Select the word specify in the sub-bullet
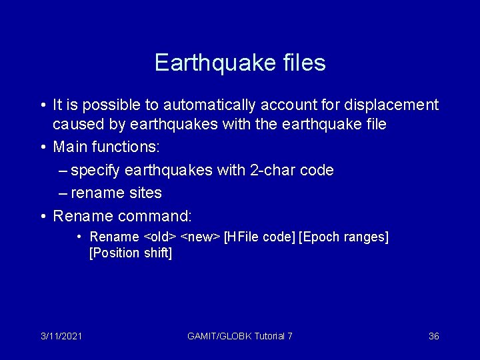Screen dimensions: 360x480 [x=95, y=170]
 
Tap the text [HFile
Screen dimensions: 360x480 [x=243, y=237]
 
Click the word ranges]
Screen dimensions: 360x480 [x=367, y=237]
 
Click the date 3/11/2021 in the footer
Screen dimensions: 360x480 [x=61, y=336]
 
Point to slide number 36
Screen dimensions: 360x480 [x=433, y=336]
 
